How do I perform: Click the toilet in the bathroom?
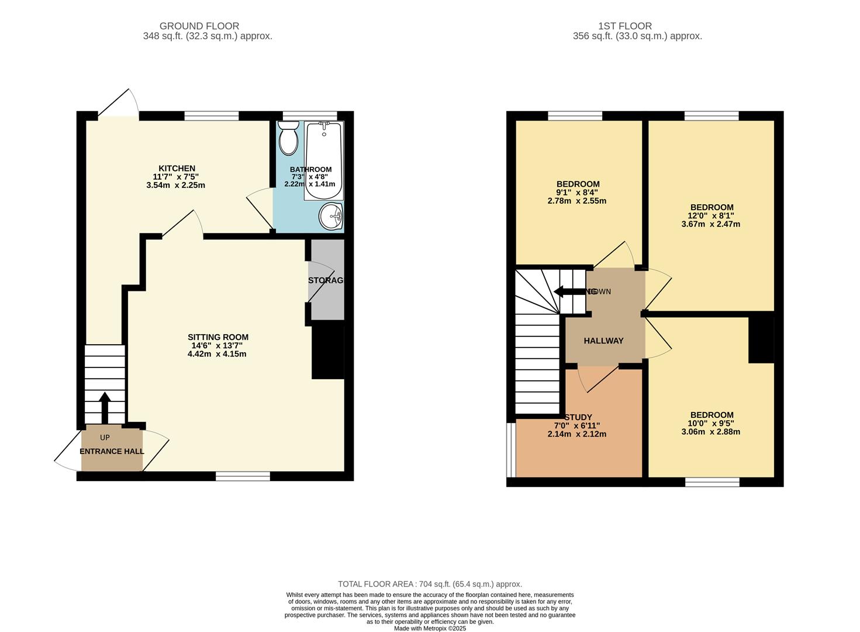(x=288, y=138)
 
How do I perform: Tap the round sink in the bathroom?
(x=331, y=217)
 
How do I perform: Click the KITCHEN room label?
(x=177, y=169)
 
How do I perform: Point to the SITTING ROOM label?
(x=217, y=337)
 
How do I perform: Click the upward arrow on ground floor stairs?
(x=105, y=407)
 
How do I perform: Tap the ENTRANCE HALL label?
(x=112, y=451)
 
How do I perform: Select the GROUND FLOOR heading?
(x=199, y=26)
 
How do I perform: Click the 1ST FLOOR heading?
(x=624, y=26)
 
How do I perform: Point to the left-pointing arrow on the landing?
(x=567, y=291)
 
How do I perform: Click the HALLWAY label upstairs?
(x=603, y=341)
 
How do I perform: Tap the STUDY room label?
(x=578, y=417)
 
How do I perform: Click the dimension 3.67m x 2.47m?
(x=711, y=224)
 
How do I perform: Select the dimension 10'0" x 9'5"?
(x=711, y=424)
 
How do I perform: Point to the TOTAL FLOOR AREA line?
(x=430, y=584)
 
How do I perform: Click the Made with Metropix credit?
(x=430, y=628)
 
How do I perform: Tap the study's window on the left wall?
(x=512, y=450)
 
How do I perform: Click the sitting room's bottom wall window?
(x=243, y=477)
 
